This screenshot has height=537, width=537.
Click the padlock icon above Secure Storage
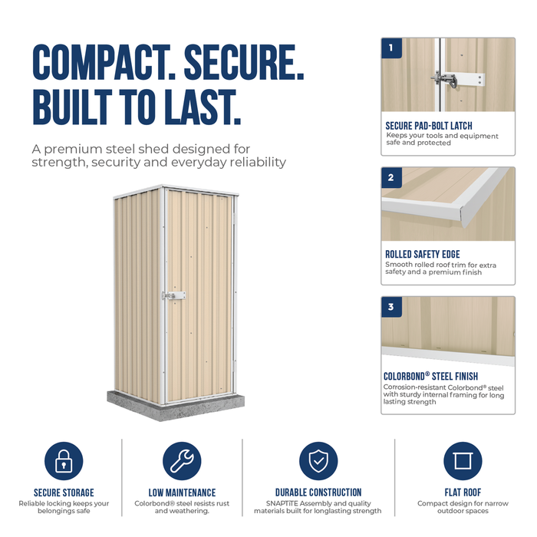coord(64,460)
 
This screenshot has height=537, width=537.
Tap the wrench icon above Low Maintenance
coord(182,460)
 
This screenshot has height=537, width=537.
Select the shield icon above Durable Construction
coord(318,460)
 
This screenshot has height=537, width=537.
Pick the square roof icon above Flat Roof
coord(463,460)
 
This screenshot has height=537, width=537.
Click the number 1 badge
coord(391,48)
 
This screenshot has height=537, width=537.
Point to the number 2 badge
coord(391,178)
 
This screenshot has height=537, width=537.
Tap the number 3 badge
coord(391,307)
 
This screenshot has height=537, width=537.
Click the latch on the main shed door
coord(174,295)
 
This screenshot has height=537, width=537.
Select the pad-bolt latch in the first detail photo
coord(458,80)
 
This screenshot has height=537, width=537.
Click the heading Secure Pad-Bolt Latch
coord(429,126)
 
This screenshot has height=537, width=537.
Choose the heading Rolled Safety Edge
coord(423,254)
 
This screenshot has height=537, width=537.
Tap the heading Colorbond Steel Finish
coord(430,376)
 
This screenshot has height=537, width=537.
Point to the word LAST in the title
coord(203,107)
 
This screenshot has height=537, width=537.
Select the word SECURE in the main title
coord(244,62)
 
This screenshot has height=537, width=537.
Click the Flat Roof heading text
coord(463,493)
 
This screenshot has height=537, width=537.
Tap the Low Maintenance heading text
coord(182,493)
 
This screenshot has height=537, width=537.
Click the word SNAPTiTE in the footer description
coord(282,503)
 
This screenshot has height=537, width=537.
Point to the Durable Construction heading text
coord(318,493)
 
